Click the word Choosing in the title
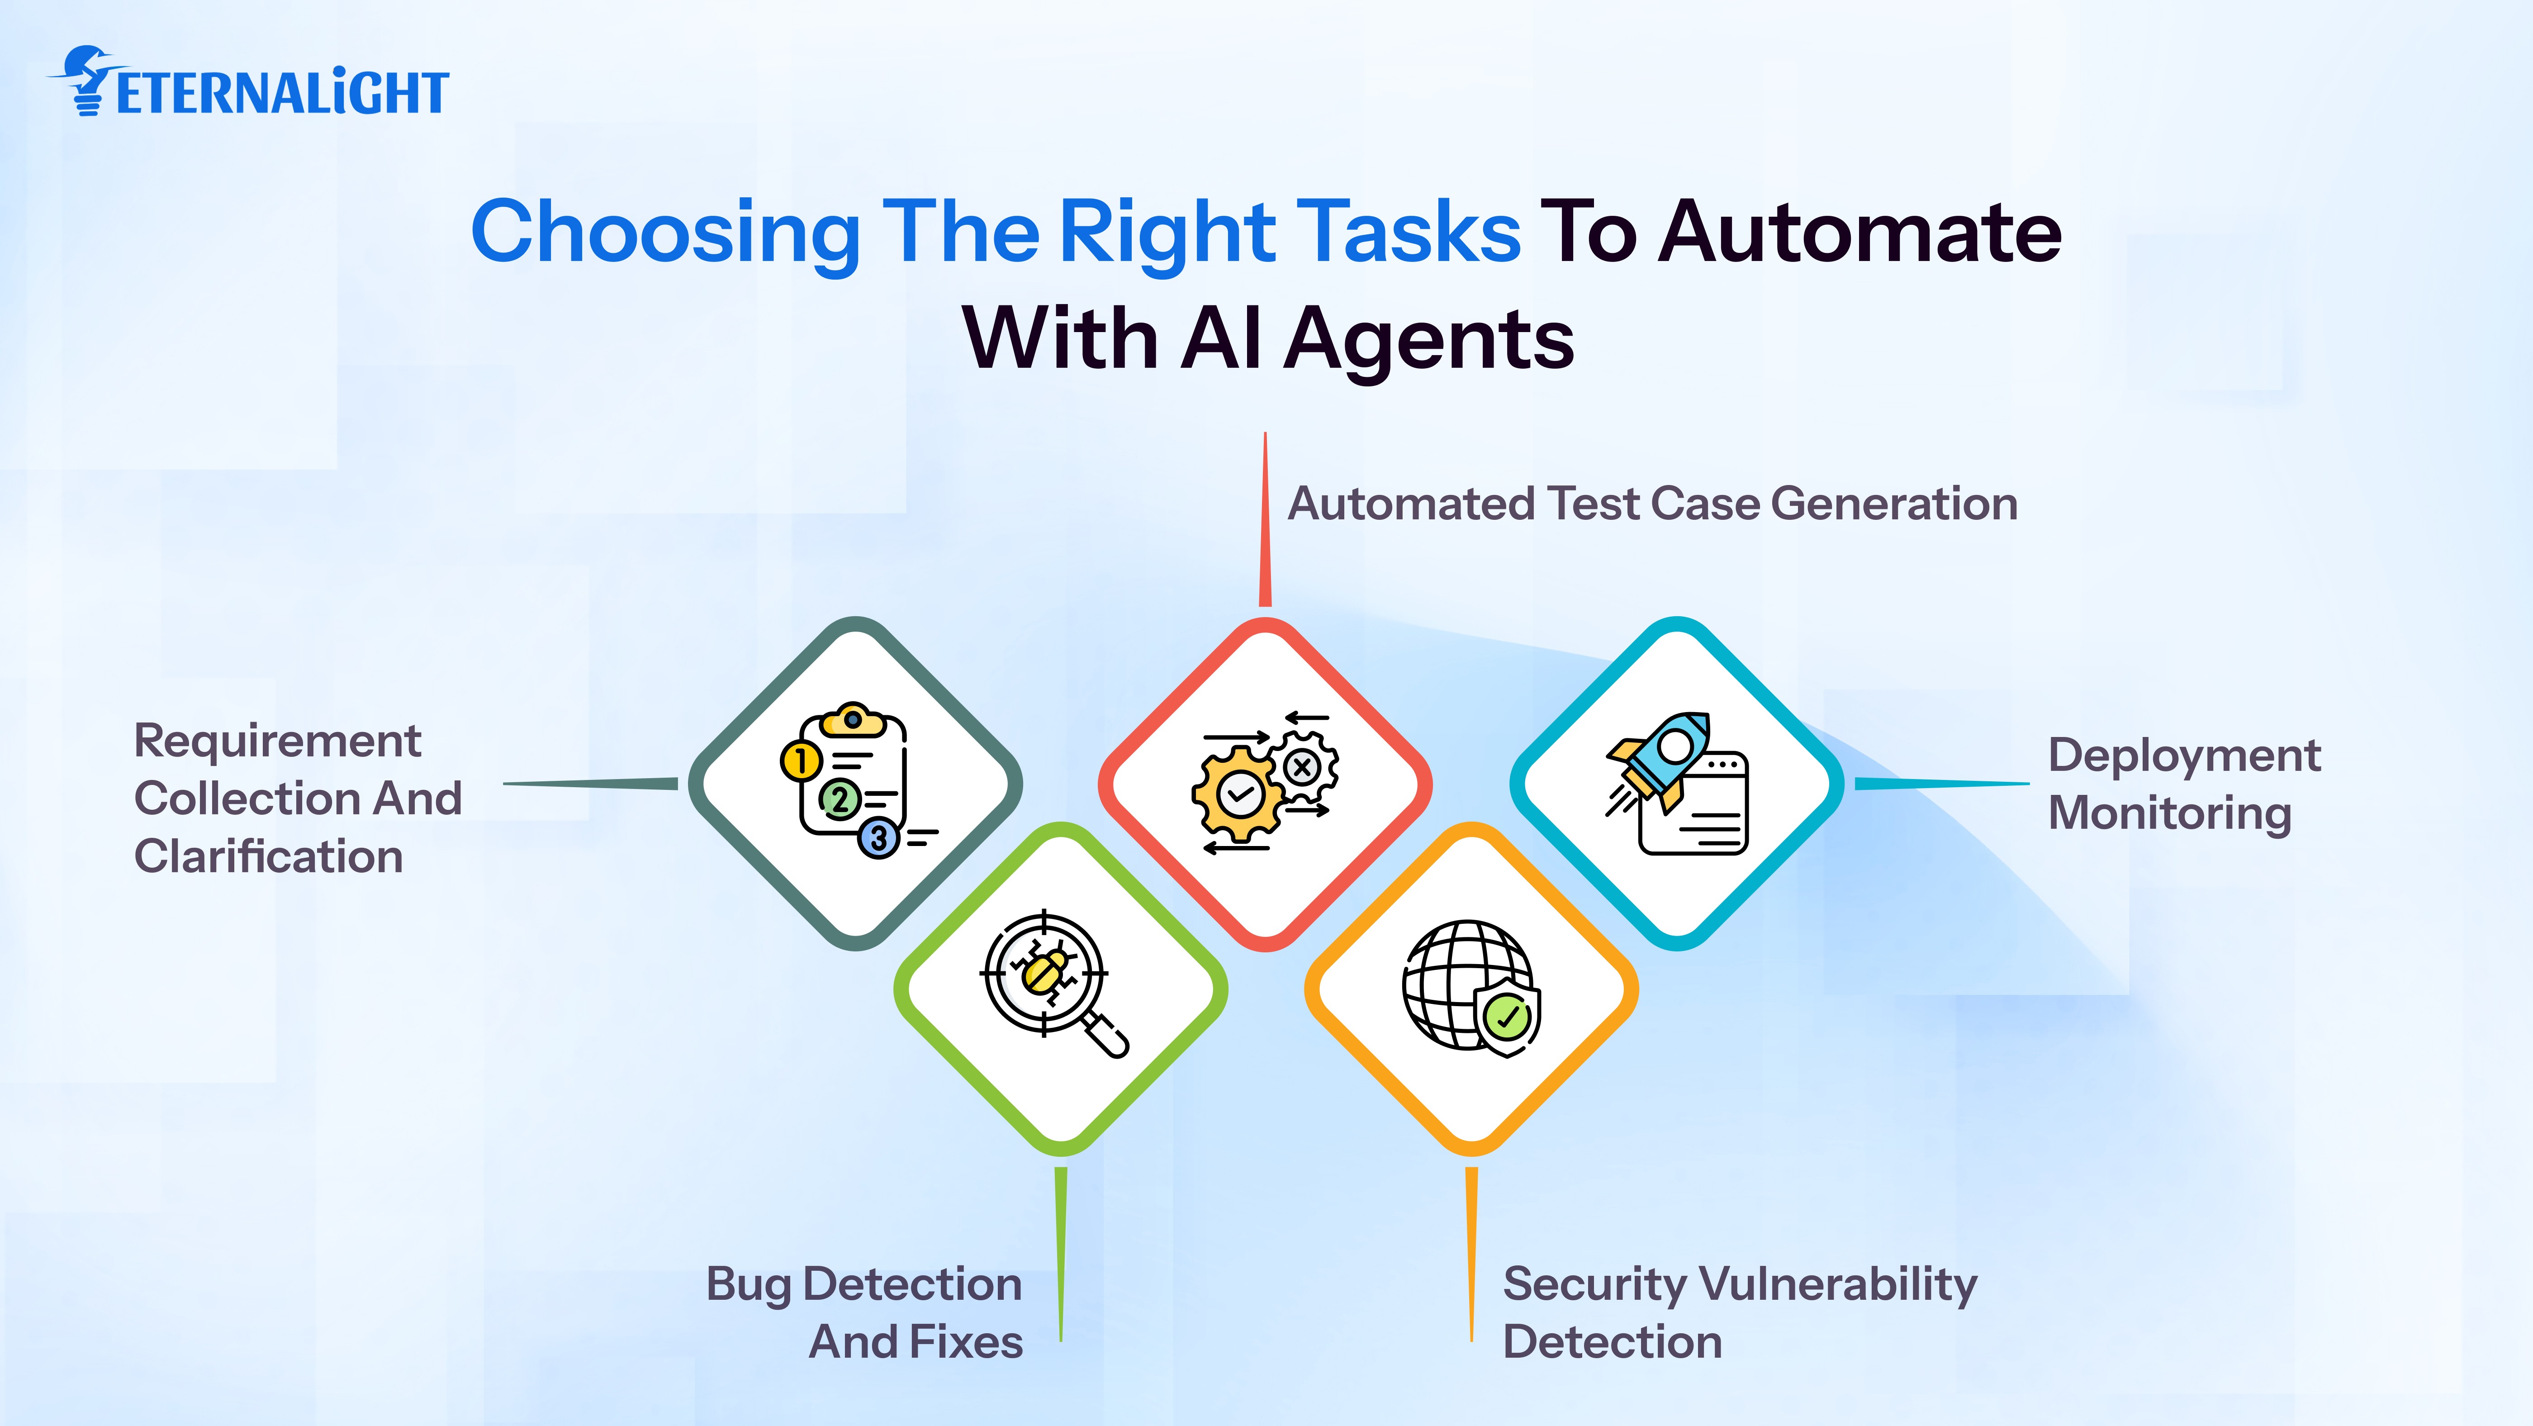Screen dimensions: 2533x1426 tap(666, 233)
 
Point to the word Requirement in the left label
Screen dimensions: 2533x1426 tap(277, 741)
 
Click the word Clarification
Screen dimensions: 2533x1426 tap(268, 856)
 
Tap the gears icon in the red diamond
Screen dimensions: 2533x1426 tap(1265, 782)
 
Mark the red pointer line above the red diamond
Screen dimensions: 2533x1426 tap(1266, 519)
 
